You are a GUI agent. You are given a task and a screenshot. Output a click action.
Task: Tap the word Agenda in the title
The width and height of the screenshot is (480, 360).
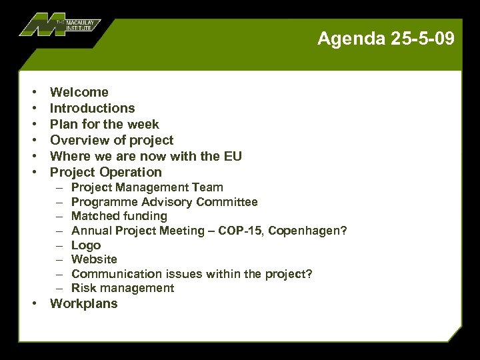[x=350, y=39]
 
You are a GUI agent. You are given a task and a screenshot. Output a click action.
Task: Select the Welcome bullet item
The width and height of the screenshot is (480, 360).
[x=79, y=92]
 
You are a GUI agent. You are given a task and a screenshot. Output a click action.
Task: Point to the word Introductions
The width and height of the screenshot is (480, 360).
[x=92, y=108]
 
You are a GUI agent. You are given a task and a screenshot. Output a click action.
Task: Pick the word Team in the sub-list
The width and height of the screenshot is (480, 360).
[x=209, y=187]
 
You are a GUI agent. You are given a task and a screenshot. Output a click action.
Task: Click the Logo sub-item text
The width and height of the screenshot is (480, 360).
[x=85, y=245]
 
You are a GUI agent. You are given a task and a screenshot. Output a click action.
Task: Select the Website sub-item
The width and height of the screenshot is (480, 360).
[x=93, y=259]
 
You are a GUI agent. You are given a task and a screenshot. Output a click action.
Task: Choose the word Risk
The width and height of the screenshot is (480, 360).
[x=83, y=288]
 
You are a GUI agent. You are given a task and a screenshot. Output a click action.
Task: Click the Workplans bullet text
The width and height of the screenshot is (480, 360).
[x=83, y=304]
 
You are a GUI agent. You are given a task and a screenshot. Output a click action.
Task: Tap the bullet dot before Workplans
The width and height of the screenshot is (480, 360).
[x=34, y=304]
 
